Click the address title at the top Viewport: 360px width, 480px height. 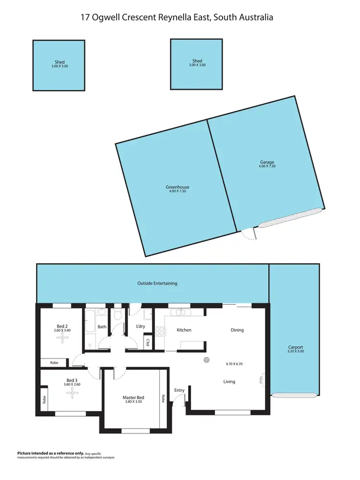click(177, 17)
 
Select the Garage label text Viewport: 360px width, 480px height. click(267, 162)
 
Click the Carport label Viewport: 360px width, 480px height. click(296, 347)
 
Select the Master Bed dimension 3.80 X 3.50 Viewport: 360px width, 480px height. click(133, 402)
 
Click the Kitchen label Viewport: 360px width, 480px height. click(184, 330)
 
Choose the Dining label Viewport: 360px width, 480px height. click(237, 330)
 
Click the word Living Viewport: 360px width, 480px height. click(229, 382)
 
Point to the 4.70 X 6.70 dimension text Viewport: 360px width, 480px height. click(235, 364)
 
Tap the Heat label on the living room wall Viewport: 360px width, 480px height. click(262, 379)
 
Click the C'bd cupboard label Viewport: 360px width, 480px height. click(148, 343)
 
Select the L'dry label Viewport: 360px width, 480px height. click(141, 327)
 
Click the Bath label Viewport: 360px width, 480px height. click(102, 327)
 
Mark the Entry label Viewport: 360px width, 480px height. click(180, 390)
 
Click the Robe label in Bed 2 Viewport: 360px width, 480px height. click(54, 363)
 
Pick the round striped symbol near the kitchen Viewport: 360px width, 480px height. click(206, 360)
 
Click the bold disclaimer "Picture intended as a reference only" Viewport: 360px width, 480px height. click(50, 453)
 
